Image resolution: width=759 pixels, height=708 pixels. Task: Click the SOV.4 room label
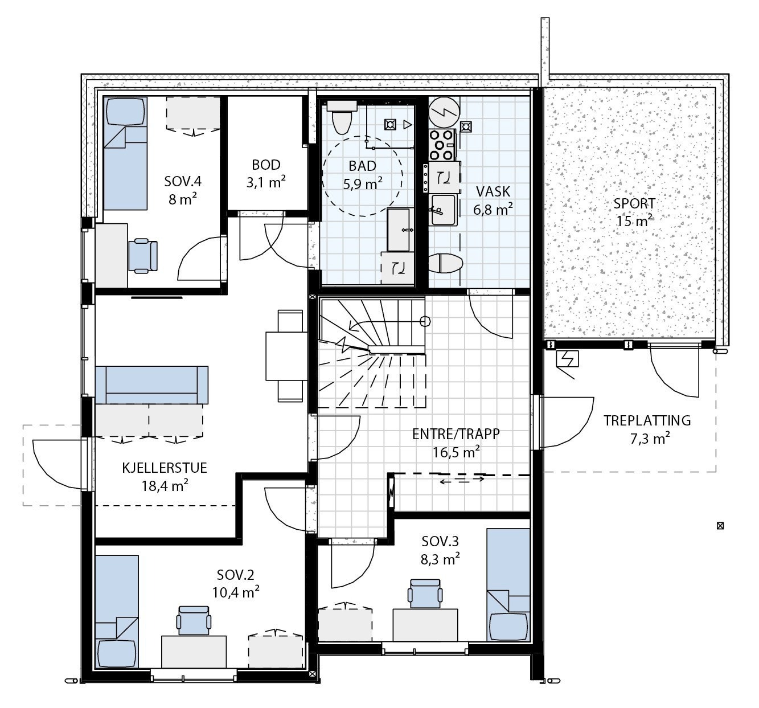[x=183, y=181]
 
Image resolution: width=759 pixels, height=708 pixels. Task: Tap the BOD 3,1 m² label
[x=266, y=174]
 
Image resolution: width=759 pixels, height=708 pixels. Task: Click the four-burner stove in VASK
[x=442, y=145]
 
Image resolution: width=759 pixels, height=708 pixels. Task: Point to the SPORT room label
[x=634, y=203]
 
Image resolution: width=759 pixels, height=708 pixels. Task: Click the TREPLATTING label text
[x=647, y=421]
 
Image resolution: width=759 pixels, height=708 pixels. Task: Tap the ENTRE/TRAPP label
[x=456, y=434]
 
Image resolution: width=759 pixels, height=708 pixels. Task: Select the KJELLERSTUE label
[x=165, y=468]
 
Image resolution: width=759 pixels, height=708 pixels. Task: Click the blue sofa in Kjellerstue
[x=151, y=385]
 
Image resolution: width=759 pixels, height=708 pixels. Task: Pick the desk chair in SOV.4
[x=142, y=256]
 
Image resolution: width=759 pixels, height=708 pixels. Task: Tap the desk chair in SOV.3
[x=425, y=594]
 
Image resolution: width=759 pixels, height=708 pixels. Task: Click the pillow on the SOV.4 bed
[x=126, y=111]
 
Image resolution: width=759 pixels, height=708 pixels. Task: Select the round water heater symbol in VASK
[x=444, y=112]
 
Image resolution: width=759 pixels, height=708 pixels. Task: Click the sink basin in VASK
[x=444, y=210]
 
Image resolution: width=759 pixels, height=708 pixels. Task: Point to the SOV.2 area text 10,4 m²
[x=236, y=592]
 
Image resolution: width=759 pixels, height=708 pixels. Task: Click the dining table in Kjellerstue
[x=286, y=356]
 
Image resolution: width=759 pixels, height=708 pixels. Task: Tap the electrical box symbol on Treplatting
[x=567, y=359]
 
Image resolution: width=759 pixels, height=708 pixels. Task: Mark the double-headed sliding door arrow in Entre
[x=462, y=480]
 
